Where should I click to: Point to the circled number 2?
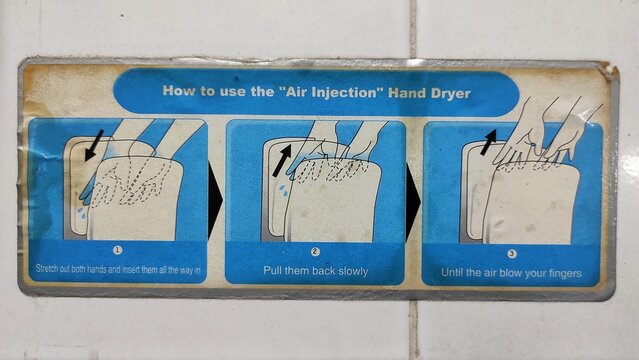click(x=315, y=252)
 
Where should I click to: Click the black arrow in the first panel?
click(x=94, y=143)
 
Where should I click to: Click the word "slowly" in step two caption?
click(x=347, y=271)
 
